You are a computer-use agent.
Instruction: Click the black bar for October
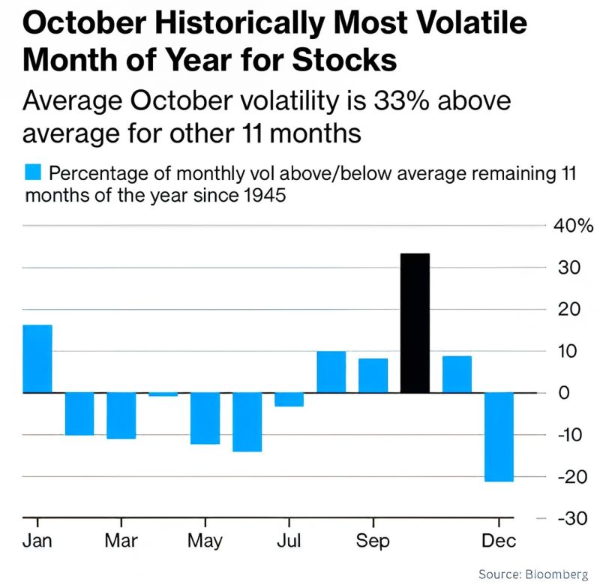415,323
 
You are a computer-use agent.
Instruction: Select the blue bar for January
37,358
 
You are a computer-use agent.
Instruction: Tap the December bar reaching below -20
499,436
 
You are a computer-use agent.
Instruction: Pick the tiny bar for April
163,394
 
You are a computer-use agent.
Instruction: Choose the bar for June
247,421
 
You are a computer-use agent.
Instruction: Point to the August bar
331,372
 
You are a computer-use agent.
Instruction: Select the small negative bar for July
289,400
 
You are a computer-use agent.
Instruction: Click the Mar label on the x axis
121,540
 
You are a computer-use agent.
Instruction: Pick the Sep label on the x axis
373,540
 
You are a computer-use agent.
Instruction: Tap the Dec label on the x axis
498,540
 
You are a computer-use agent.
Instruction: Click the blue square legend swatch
32,173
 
